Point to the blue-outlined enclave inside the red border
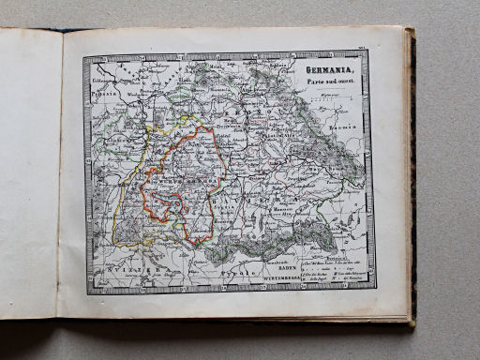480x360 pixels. click(x=168, y=206)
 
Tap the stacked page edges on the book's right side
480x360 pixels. click(x=411, y=178)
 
